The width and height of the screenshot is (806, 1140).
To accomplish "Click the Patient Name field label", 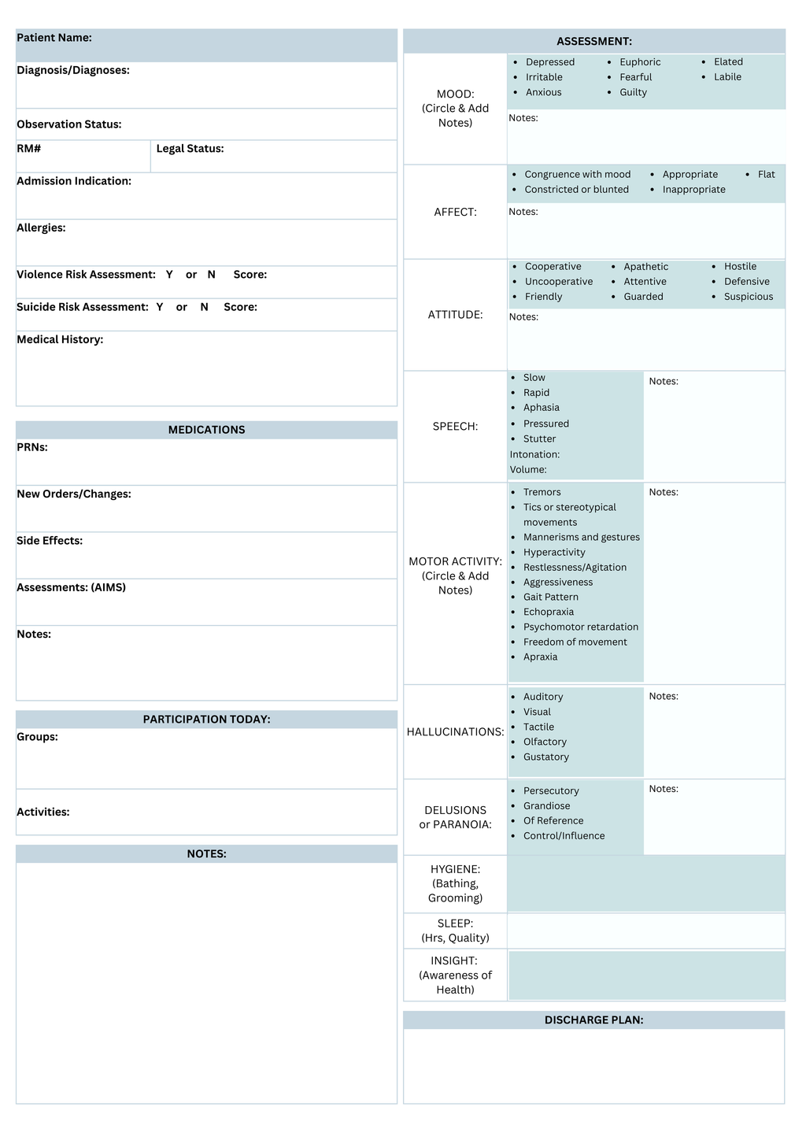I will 54,38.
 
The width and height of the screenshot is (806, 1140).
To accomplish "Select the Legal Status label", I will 190,149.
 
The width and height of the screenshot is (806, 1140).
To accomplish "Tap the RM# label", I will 29,149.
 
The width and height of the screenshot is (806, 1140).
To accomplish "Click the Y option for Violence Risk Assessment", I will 169,275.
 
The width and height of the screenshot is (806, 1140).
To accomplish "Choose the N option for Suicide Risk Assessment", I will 205,307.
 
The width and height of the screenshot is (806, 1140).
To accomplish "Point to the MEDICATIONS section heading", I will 206,430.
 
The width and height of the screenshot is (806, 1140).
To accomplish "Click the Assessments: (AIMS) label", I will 71,587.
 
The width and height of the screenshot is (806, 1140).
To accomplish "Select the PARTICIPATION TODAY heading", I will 206,720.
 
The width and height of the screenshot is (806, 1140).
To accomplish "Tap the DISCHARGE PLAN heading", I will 593,1020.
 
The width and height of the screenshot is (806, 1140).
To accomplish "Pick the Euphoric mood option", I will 640,62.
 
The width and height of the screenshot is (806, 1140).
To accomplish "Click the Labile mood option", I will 727,77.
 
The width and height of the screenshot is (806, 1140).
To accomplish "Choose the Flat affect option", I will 766,175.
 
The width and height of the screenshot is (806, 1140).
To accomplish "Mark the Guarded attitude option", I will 643,297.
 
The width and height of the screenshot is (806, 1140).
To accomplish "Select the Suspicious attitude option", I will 748,297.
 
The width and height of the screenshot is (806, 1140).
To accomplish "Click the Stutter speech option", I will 539,439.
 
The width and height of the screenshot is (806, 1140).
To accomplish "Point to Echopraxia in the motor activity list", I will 548,613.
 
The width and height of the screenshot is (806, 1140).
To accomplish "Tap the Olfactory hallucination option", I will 545,742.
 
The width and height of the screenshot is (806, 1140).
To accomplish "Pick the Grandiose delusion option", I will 546,806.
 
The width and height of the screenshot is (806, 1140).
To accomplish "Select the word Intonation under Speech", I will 534,455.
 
